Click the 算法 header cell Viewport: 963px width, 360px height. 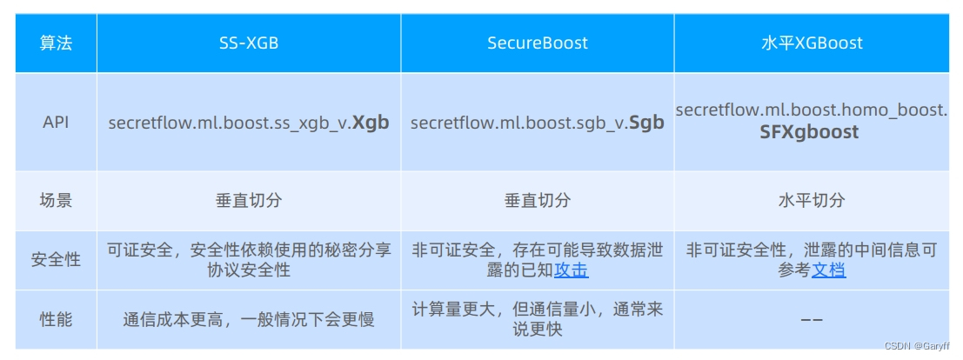56,43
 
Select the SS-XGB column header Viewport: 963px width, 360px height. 249,43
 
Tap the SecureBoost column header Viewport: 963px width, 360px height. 537,43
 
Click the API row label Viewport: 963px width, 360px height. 56,123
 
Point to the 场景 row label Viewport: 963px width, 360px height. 56,201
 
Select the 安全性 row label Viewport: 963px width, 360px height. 56,260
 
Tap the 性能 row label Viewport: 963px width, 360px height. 56,319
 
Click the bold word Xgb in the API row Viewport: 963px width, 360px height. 370,123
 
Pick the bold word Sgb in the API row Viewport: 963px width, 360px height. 646,123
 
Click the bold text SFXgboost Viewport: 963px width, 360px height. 809,133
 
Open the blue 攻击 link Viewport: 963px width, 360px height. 572,270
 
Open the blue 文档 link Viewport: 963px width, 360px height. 828,270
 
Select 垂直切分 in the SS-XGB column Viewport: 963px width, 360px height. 249,201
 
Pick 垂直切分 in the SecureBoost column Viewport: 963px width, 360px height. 537,201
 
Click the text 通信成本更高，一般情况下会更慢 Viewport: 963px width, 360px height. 249,319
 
